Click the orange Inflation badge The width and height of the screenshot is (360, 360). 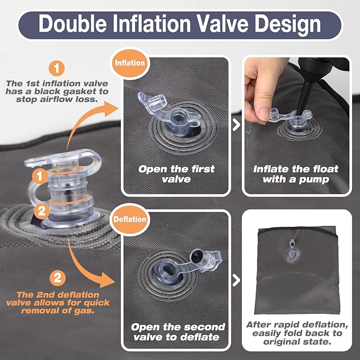[130, 63]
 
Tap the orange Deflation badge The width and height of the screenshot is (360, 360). [130, 219]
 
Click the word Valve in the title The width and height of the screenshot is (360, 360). [223, 24]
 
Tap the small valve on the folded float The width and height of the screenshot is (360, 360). [292, 251]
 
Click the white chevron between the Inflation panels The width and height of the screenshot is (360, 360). [236, 125]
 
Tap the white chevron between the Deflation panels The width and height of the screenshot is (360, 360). [236, 280]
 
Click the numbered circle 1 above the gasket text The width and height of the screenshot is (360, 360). [57, 68]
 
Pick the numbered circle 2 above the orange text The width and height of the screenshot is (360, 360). [57, 278]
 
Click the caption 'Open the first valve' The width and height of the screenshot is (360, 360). [177, 174]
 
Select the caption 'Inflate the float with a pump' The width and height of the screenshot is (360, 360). [296, 174]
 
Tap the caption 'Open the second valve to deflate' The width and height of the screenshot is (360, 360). [178, 332]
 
